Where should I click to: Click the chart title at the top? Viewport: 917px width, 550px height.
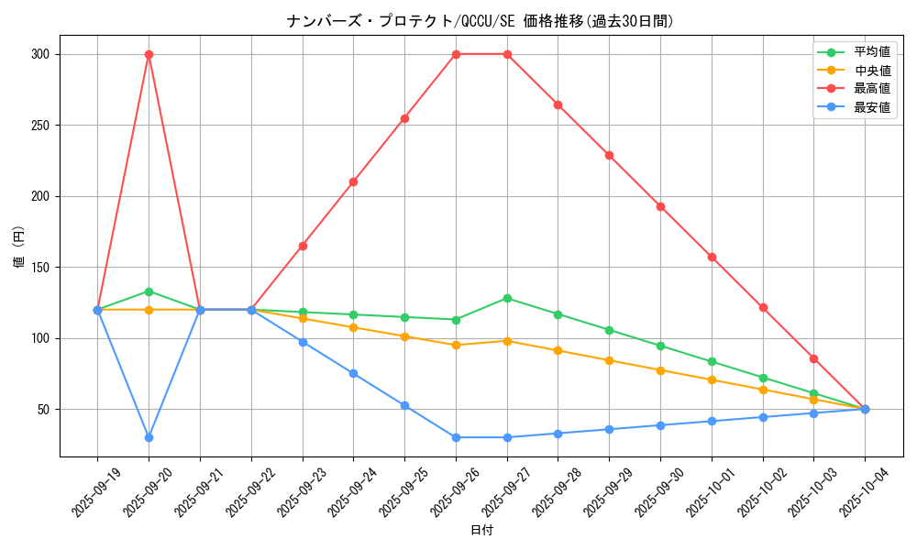click(481, 21)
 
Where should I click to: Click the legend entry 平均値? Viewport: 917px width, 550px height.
click(871, 52)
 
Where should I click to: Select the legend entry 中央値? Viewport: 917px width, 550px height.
click(871, 71)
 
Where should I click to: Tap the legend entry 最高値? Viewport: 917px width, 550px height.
click(871, 89)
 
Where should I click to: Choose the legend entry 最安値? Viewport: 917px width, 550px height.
click(871, 107)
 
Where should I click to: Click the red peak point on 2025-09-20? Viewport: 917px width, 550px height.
click(149, 54)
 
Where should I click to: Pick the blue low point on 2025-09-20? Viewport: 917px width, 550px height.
click(149, 437)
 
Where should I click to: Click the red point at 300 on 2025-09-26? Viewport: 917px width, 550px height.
click(456, 54)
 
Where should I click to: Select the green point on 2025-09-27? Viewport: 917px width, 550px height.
click(507, 298)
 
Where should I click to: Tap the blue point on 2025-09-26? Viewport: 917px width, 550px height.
click(456, 437)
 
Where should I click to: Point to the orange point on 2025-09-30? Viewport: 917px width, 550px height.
click(660, 370)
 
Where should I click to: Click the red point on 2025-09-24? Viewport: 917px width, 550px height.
click(353, 181)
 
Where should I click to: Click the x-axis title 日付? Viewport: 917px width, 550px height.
click(481, 531)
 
